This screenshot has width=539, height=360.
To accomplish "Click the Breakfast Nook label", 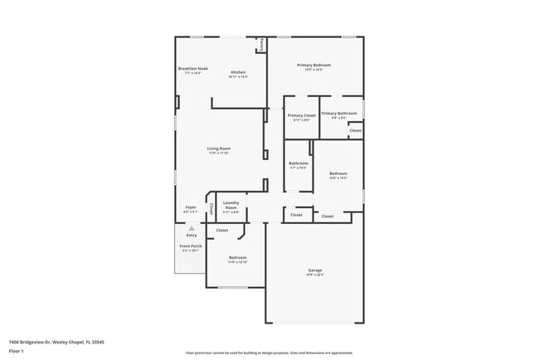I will (x=192, y=68).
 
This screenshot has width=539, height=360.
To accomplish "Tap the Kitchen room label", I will (x=238, y=72).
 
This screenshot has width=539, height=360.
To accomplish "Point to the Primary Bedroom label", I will (x=315, y=65).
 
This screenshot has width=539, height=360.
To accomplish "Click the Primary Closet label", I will (x=302, y=115).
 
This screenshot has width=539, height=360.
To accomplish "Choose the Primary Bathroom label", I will (x=339, y=113).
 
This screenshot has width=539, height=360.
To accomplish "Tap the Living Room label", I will (x=219, y=148).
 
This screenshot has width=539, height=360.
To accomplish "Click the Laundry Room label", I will (x=231, y=205).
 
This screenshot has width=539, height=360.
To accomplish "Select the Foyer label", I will (x=191, y=207).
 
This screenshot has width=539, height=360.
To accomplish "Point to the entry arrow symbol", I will (x=192, y=227).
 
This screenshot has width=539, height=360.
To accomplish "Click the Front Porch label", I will (x=191, y=246).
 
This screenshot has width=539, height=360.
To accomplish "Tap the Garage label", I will (x=315, y=270).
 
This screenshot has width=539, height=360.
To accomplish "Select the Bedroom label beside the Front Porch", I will (x=238, y=258).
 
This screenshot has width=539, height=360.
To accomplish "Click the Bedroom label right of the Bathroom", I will (x=337, y=173).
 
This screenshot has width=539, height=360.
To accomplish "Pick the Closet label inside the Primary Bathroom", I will (x=355, y=130).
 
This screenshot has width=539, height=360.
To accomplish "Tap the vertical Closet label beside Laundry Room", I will (x=211, y=207).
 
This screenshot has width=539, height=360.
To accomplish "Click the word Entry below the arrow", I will (x=192, y=235).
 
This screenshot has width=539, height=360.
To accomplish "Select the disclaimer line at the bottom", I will (x=269, y=352).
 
